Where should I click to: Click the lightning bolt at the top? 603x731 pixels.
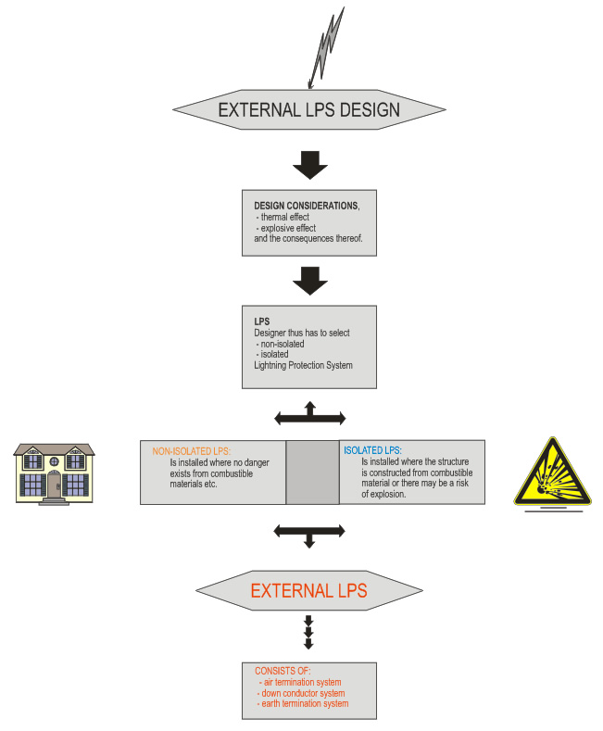[328, 46]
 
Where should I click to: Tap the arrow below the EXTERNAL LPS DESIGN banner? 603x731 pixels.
[309, 165]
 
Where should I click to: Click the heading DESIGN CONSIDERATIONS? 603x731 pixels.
[306, 205]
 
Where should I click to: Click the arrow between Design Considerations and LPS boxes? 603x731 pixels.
[309, 280]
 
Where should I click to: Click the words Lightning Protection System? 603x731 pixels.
[303, 366]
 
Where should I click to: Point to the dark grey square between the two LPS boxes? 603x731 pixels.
[312, 473]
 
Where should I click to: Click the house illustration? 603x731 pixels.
[54, 473]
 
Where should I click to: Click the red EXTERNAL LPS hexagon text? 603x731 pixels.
[308, 591]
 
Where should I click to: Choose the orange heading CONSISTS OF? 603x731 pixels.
[283, 671]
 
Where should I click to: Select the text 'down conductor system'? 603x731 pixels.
[303, 693]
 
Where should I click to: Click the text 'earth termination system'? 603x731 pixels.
[305, 704]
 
